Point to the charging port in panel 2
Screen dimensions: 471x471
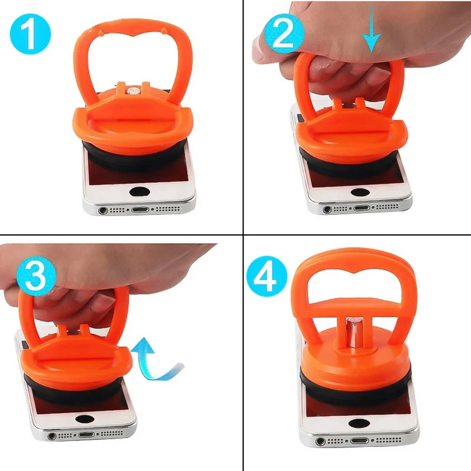pos(359,207)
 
